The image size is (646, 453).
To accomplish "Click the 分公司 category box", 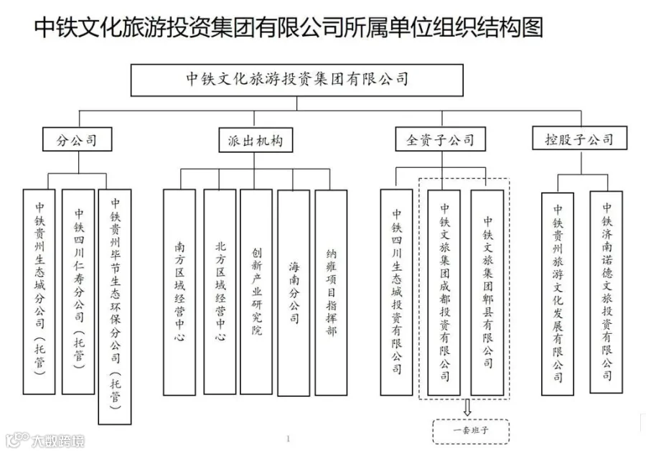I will (77, 139).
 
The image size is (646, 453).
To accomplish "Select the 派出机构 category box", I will (251, 140).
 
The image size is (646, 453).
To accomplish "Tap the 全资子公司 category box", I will (439, 139).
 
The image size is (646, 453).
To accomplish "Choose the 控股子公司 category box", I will (574, 139).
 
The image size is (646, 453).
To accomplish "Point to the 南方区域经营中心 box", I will (179, 291).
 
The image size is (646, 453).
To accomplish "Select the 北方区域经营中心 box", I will (220, 291).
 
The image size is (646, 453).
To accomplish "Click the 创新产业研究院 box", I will (256, 291).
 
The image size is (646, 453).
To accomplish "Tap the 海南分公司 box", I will (294, 291).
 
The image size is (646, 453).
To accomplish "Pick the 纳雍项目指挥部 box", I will (330, 291).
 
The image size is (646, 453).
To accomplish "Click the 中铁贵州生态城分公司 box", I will (39, 291).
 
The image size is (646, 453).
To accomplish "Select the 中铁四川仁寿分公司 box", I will (78, 291).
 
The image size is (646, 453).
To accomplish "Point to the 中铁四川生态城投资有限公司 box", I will (397, 291).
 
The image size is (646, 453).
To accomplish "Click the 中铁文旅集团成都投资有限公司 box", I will (444, 291).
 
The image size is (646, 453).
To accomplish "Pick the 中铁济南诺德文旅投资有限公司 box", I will (607, 291).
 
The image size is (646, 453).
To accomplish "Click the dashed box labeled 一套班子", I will (470, 431).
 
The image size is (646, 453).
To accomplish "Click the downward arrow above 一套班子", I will (467, 409).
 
